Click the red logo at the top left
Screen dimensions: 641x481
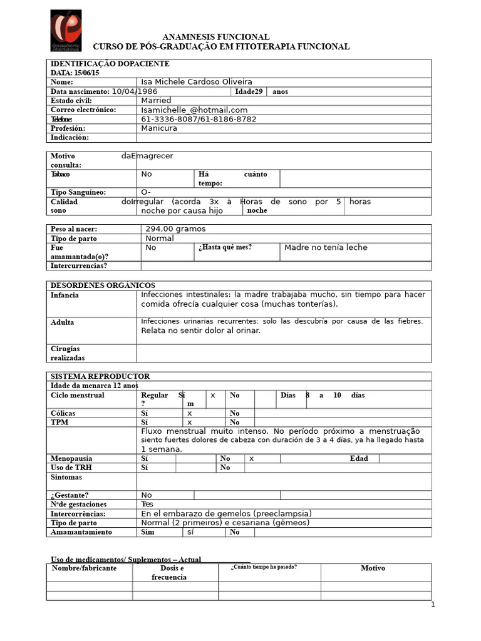tap(66, 30)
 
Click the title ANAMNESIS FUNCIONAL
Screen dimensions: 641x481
tap(216, 37)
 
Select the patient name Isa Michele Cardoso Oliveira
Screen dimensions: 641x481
tap(197, 82)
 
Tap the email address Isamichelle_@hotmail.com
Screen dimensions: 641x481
tap(194, 110)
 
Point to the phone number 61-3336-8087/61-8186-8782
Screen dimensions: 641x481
tap(199, 119)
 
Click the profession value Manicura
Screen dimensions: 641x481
tap(159, 128)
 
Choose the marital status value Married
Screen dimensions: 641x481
tap(156, 100)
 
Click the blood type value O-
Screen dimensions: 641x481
tap(147, 192)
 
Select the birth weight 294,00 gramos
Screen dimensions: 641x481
tap(175, 229)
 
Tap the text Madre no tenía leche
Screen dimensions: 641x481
tap(326, 247)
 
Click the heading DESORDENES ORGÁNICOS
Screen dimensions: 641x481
tap(103, 285)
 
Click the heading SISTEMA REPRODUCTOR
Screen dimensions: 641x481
tap(100, 376)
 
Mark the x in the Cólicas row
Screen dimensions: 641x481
tap(189, 413)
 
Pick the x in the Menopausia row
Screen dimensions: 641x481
tap(251, 458)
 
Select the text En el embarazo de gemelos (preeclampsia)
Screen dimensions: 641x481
tap(226, 513)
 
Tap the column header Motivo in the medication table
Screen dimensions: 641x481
tap(373, 568)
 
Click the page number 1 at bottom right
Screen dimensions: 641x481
tap(432, 605)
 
